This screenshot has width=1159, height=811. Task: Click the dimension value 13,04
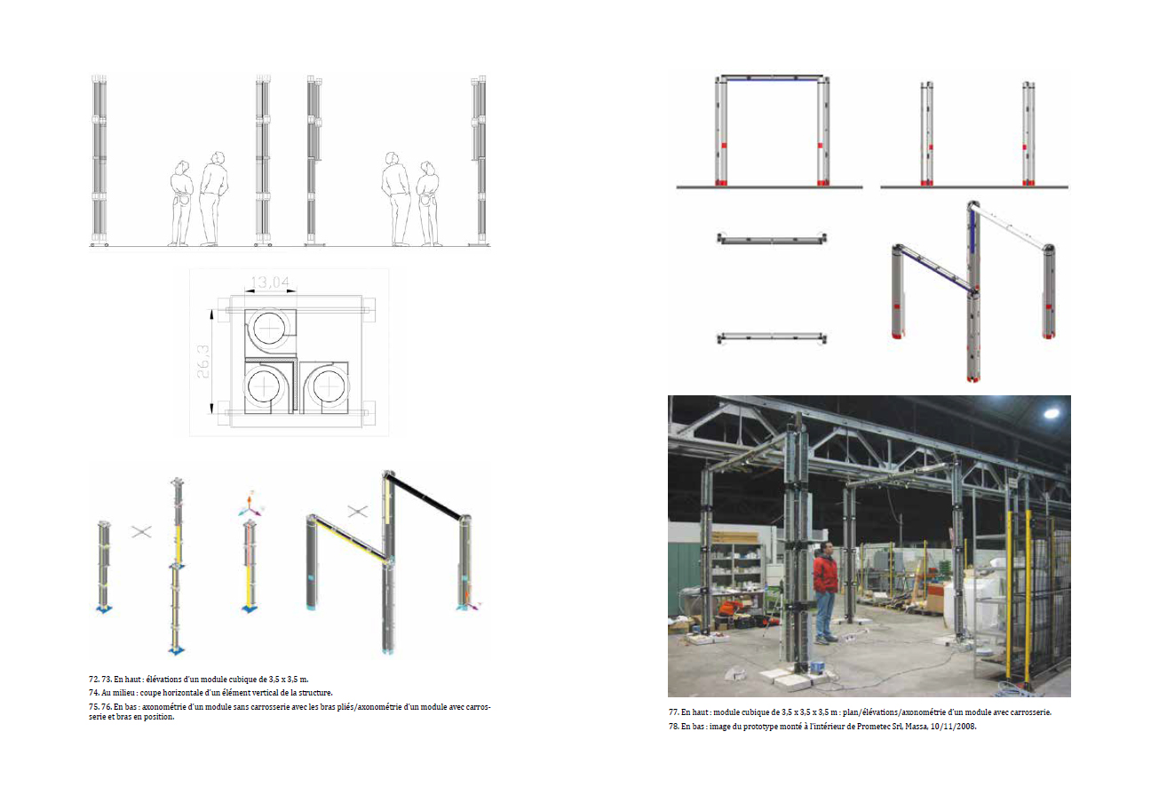pyautogui.click(x=270, y=282)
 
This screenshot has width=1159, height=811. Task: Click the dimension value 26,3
pyautogui.click(x=202, y=362)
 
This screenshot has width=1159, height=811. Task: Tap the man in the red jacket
pyautogui.click(x=825, y=592)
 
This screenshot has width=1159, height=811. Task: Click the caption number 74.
pyautogui.click(x=93, y=693)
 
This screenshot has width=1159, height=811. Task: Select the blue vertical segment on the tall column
pyautogui.click(x=972, y=230)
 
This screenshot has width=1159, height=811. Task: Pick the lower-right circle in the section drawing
pyautogui.click(x=328, y=386)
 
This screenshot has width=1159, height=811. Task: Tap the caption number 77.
pyautogui.click(x=673, y=712)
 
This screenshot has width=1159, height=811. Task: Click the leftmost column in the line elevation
pyautogui.click(x=99, y=161)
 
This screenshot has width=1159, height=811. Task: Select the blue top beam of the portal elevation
pyautogui.click(x=772, y=79)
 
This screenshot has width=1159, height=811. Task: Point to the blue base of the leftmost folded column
pyautogui.click(x=104, y=609)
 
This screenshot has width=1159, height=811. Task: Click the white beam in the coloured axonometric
pyautogui.click(x=1011, y=227)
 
